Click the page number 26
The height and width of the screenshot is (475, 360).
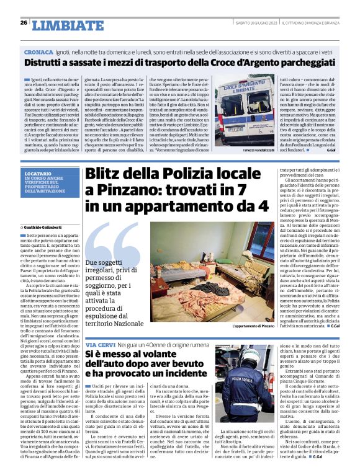23,23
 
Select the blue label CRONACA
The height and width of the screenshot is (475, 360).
38,50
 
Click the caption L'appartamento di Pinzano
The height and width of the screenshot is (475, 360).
252,327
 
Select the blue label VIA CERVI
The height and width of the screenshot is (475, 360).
99,344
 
